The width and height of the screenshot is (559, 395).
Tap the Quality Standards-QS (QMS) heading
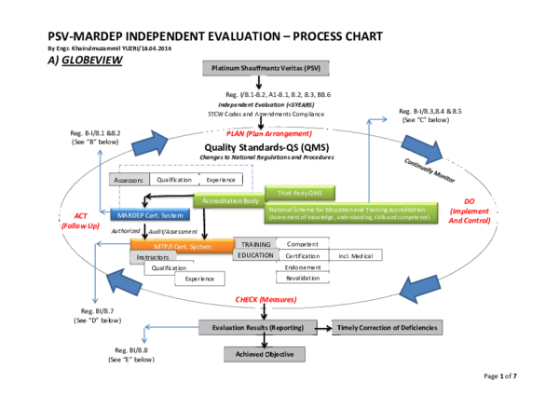coord(266,146)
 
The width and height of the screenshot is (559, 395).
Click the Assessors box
coord(130,180)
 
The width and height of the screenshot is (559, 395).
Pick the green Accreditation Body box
coord(227,200)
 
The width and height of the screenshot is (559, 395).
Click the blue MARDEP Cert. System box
coord(144,214)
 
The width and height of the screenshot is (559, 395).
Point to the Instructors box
coord(153,256)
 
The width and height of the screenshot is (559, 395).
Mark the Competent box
coord(303,243)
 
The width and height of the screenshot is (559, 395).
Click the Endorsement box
coord(303,266)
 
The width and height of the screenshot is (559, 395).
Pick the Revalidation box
coord(303,278)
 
